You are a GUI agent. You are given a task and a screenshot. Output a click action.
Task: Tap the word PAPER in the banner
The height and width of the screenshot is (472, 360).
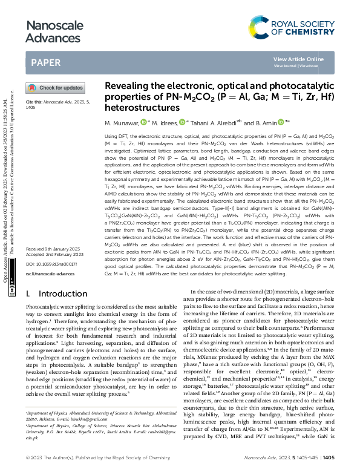[45, 62]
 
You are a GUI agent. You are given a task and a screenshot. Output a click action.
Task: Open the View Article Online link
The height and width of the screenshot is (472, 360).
[298, 59]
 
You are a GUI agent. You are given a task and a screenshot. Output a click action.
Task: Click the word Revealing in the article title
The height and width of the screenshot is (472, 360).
[131, 87]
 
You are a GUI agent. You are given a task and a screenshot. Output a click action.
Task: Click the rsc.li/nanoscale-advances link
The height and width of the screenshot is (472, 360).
[51, 274]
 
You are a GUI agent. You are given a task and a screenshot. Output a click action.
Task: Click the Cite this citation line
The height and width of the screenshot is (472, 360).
[57, 103]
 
